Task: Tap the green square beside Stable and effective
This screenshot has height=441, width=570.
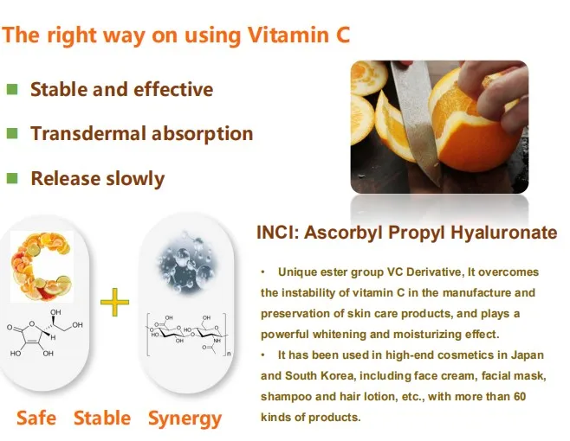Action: point(12,89)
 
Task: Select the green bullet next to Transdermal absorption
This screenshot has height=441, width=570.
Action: point(12,133)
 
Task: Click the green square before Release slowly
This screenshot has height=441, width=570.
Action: point(12,178)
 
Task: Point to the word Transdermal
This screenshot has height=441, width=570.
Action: point(88,133)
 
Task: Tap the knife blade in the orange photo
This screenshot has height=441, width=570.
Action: point(414,120)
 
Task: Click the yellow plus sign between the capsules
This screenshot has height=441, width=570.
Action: point(114,302)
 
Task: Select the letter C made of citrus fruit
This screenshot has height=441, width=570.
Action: point(41,267)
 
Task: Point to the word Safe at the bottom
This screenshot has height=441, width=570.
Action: point(36,418)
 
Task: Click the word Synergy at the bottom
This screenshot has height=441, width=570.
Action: point(185,419)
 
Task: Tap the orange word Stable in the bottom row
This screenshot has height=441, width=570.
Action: point(102,418)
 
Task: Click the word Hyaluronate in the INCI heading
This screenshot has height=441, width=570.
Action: point(504,233)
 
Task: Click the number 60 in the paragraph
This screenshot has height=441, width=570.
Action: point(520,396)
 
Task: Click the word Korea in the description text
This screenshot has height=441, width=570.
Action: point(337,375)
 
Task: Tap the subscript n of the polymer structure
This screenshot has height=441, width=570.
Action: point(229,353)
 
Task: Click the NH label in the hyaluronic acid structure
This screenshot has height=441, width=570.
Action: point(217,341)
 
